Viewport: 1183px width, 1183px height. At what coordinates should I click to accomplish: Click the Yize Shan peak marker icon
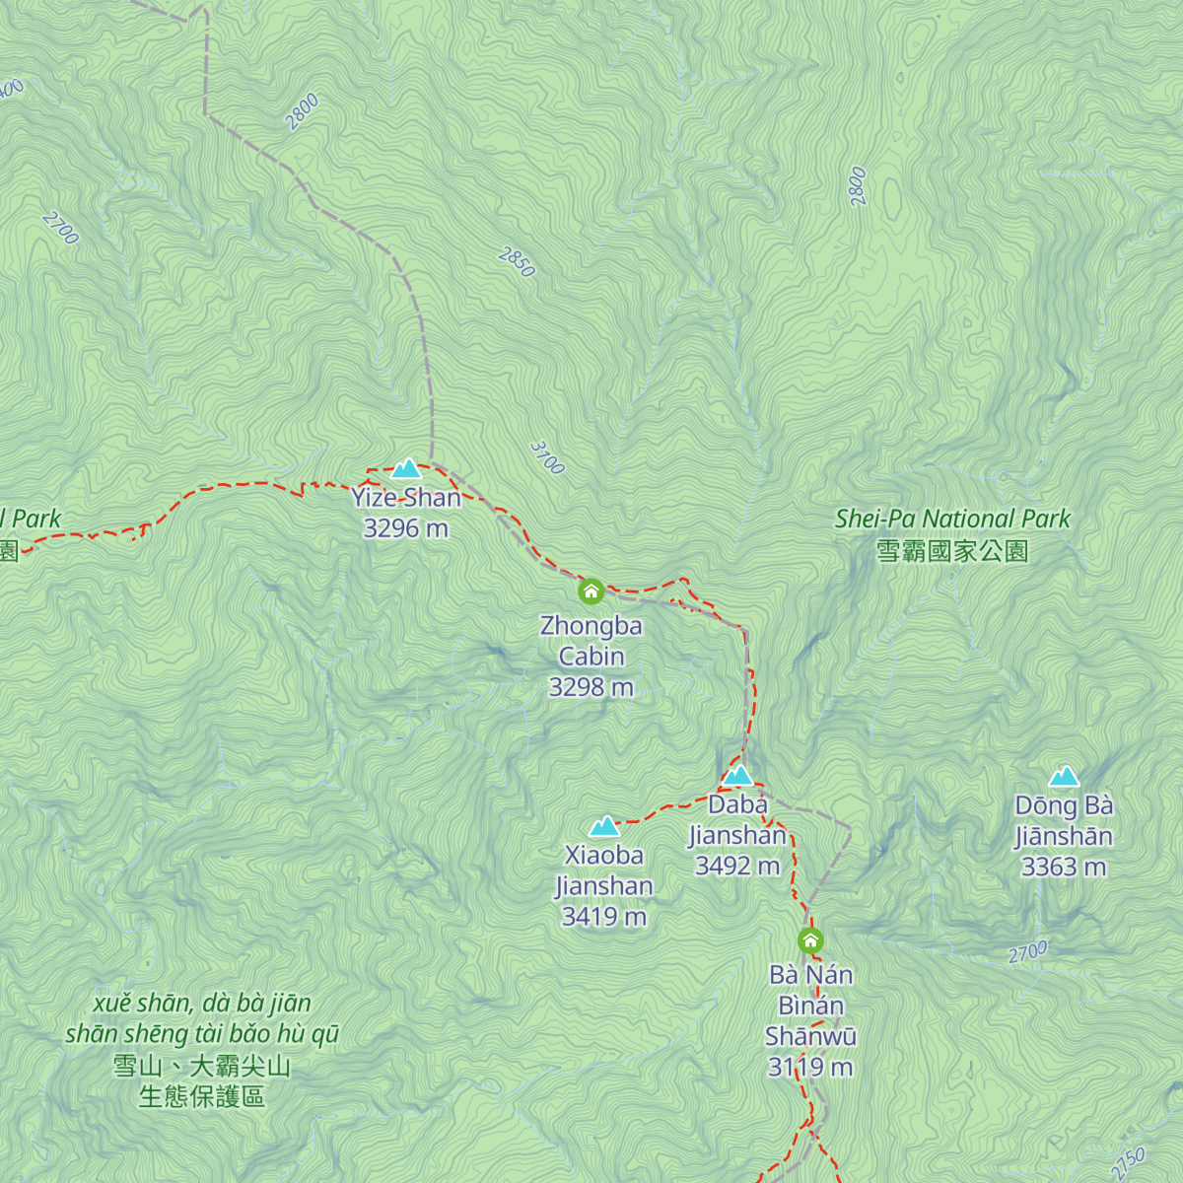(x=406, y=468)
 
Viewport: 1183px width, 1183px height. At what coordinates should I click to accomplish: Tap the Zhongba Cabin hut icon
(x=591, y=591)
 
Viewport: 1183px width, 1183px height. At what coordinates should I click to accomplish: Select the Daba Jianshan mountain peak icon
(x=737, y=776)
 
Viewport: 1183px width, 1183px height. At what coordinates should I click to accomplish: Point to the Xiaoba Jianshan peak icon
(x=604, y=826)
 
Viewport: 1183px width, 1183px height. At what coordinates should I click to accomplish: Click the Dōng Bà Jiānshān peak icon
(x=1064, y=777)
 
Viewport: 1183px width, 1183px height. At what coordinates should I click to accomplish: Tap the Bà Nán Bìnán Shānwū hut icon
(x=810, y=940)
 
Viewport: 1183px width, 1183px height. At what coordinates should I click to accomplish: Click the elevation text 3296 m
(x=405, y=528)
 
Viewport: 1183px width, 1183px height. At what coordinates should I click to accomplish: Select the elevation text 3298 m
(x=591, y=687)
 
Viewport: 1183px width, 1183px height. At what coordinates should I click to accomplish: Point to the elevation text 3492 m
(x=737, y=867)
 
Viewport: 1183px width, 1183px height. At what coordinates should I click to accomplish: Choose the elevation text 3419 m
(x=604, y=917)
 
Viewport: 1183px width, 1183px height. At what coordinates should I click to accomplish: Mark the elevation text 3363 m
(x=1064, y=868)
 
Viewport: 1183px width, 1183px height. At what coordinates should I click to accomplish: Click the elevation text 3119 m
(x=810, y=1068)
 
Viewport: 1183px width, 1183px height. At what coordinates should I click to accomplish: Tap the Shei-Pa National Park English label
(x=952, y=519)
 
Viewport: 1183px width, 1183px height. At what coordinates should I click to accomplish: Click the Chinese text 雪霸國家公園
(x=952, y=551)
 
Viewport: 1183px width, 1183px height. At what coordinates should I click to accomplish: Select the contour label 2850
(x=517, y=262)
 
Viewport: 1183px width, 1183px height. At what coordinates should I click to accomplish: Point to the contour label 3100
(x=547, y=457)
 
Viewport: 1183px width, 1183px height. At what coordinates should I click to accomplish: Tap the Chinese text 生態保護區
(x=202, y=1097)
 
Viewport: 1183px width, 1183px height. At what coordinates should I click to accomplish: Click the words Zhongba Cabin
(x=591, y=641)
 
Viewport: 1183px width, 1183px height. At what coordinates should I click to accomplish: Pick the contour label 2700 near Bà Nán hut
(x=1027, y=953)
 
